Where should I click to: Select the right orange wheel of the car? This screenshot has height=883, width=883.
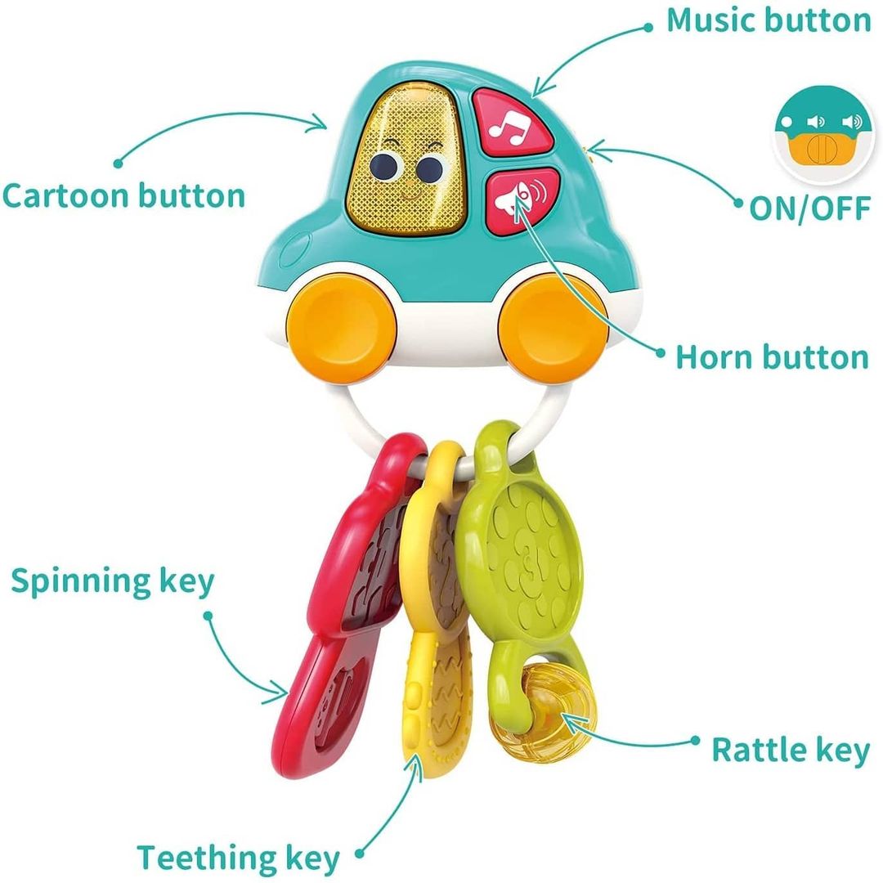[554, 328]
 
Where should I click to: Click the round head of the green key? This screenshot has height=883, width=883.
[520, 564]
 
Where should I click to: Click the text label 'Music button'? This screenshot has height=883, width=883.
[769, 20]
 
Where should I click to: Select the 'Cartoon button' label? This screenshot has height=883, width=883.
[124, 196]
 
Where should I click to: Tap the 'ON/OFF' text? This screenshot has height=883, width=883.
[810, 208]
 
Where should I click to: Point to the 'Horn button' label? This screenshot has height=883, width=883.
[772, 357]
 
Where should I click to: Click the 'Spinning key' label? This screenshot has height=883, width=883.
[113, 582]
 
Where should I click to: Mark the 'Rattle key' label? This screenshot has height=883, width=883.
[791, 751]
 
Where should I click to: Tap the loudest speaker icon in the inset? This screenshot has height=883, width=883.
[851, 122]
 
